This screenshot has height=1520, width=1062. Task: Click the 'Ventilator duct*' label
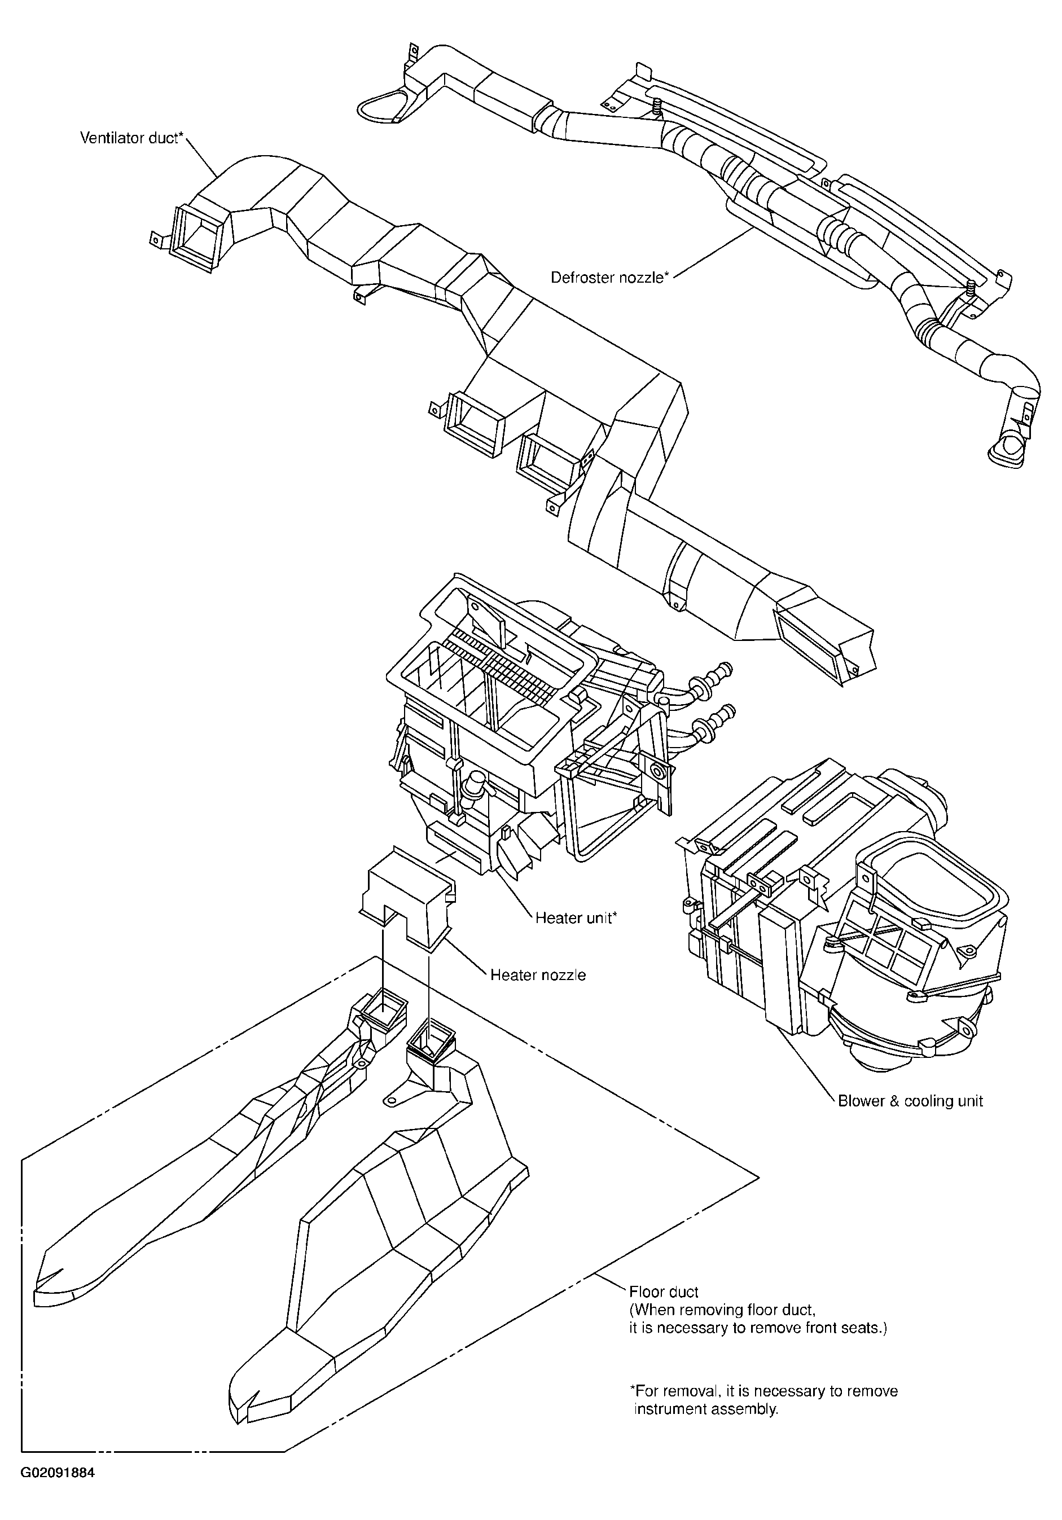coord(131,138)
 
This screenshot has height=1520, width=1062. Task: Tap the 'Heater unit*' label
coord(576,917)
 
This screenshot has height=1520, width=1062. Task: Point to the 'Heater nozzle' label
coord(538,975)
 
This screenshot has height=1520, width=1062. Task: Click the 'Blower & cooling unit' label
coord(910,1101)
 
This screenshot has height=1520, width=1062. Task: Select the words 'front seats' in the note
coord(841,1328)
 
